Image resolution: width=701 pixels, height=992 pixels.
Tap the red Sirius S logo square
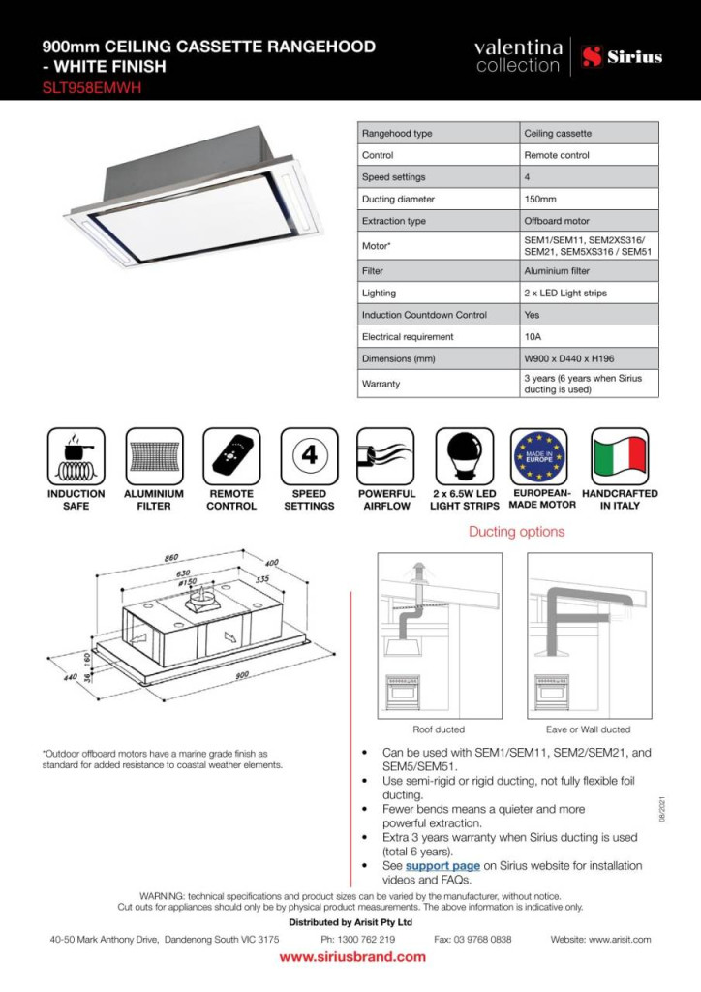tap(593, 57)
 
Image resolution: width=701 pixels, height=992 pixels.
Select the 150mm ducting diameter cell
tap(540, 199)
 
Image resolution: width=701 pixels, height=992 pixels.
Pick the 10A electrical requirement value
tap(533, 337)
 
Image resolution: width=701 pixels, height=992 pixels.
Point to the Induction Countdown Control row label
tap(424, 315)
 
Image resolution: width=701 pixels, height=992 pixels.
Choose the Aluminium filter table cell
tap(557, 271)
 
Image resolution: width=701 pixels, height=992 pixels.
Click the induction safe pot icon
tap(76, 456)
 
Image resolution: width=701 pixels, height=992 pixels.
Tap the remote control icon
tap(231, 456)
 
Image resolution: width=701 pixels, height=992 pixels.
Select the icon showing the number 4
tap(309, 456)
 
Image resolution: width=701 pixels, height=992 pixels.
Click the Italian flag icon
tap(620, 456)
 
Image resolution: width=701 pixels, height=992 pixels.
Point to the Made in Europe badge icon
tap(542, 456)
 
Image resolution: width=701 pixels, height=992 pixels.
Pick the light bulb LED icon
tap(464, 456)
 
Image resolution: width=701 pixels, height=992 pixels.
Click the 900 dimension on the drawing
tap(242, 675)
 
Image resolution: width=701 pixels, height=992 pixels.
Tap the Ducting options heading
tap(516, 532)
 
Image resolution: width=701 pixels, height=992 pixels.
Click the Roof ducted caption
tap(439, 729)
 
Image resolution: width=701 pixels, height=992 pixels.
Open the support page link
tap(442, 865)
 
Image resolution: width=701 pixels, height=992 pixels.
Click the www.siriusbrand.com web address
tap(352, 957)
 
